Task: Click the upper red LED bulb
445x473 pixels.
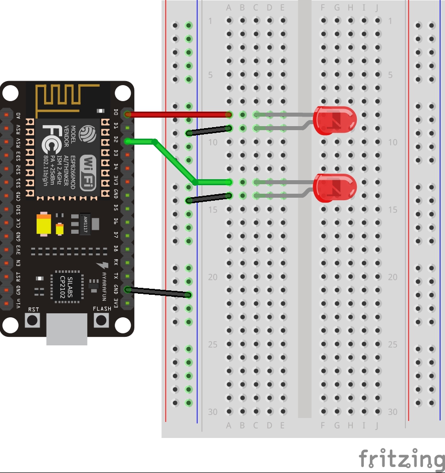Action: point(335,120)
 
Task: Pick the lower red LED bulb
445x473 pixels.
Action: point(335,188)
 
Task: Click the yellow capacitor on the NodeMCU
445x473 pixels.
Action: point(44,225)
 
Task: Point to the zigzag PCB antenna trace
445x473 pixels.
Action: point(58,98)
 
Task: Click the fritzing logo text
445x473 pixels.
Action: point(401,457)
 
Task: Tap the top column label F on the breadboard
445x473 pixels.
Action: point(324,8)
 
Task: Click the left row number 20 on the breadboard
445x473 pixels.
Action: point(213,277)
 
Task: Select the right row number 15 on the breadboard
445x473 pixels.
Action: point(393,210)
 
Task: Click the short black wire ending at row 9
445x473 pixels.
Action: point(208,131)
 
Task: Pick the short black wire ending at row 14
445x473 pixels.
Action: point(208,198)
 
